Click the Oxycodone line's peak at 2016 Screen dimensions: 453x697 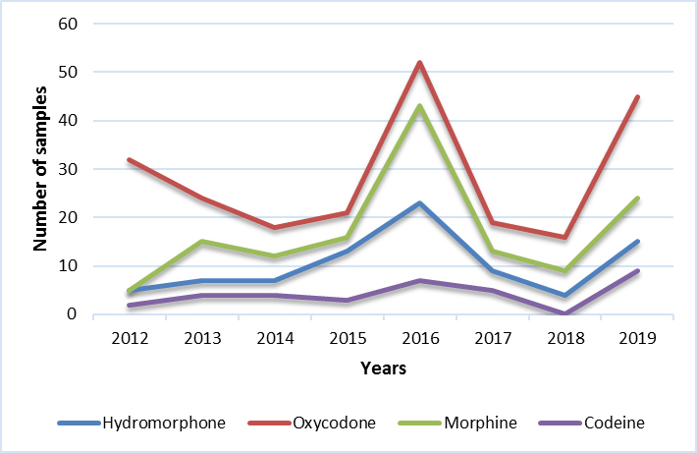tap(419, 63)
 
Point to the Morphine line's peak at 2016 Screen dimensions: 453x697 tap(419, 106)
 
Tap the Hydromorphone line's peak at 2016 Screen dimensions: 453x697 tap(419, 203)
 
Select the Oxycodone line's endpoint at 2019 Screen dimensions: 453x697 tap(637, 96)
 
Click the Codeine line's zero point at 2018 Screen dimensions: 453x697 tap(564, 314)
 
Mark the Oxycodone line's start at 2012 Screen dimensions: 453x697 tap(130, 159)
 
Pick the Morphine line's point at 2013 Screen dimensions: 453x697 tap(202, 242)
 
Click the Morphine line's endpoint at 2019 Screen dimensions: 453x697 tap(637, 198)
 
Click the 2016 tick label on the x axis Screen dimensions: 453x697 tap(419, 338)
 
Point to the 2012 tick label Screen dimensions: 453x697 tap(130, 338)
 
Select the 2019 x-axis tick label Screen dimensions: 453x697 tap(637, 338)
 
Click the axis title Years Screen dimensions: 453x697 tap(383, 369)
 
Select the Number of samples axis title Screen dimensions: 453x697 tap(42, 169)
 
